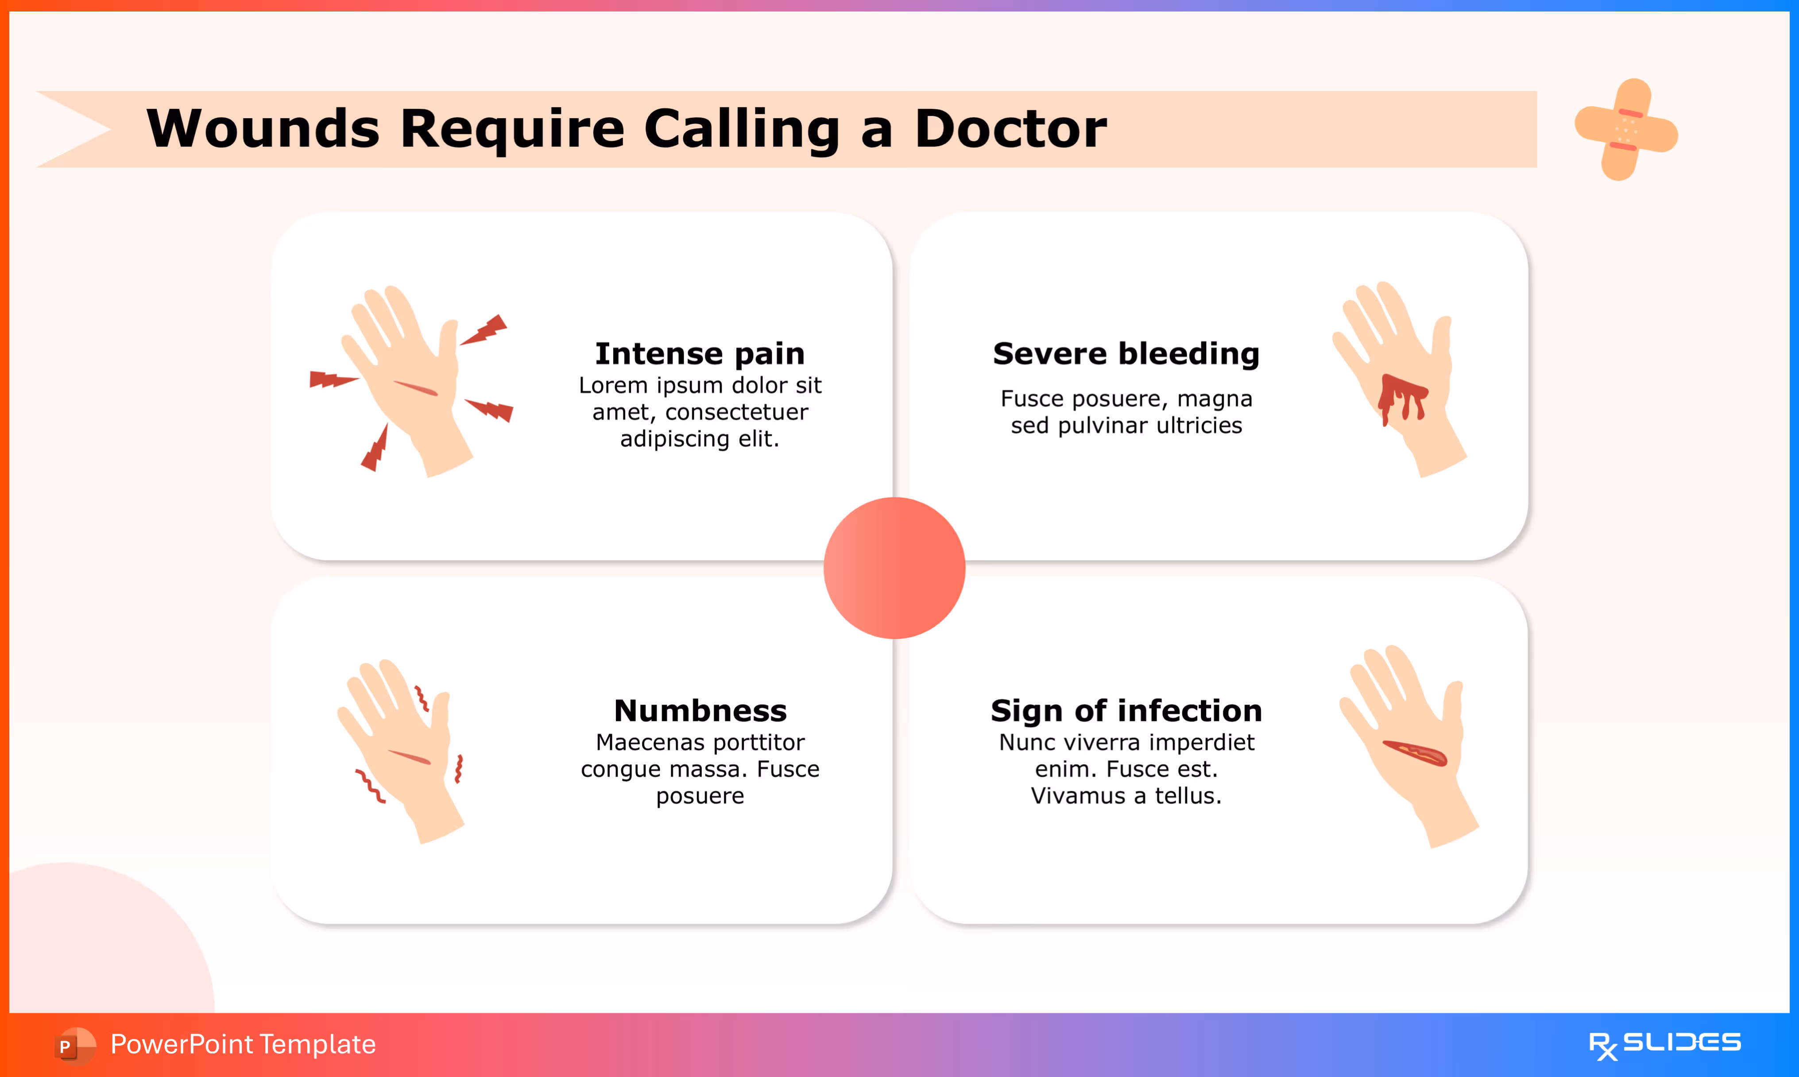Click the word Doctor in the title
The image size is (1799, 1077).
[x=1010, y=128]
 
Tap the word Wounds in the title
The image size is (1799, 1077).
[x=263, y=128]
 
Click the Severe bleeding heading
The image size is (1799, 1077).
[x=1126, y=353]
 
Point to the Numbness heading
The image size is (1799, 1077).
[x=700, y=710]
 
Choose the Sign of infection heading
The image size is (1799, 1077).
[x=1126, y=710]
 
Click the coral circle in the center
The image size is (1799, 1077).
[x=894, y=568]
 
